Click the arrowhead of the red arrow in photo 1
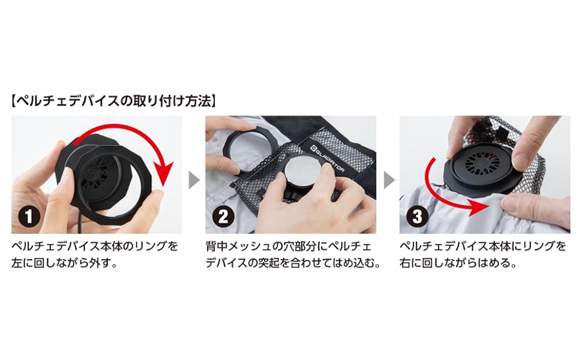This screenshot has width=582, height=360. [x=163, y=175]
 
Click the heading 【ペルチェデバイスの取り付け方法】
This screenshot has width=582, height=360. [x=113, y=100]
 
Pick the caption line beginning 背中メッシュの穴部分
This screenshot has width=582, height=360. [x=288, y=247]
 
